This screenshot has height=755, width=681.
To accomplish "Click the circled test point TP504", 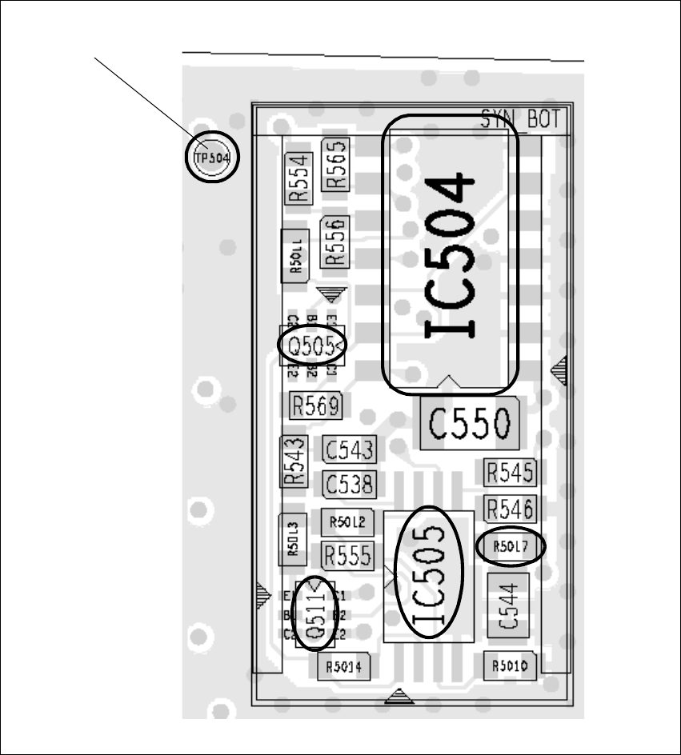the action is click(213, 158).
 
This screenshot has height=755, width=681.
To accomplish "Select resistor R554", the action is click(298, 178).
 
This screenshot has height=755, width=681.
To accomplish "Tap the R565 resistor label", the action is click(335, 165).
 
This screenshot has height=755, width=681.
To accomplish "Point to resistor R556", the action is click(335, 242).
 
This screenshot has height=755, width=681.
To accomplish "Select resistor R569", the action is click(316, 405).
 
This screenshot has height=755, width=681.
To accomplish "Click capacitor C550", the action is click(469, 424).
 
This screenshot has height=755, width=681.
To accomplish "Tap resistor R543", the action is click(294, 461).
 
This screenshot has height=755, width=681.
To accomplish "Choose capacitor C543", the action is click(349, 450).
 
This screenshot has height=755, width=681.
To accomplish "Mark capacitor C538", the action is click(349, 483).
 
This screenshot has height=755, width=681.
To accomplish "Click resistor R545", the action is click(510, 473).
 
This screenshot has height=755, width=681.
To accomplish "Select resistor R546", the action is click(510, 508).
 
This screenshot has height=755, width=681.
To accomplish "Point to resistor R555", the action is click(348, 553).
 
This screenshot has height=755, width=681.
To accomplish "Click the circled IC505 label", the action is click(430, 573).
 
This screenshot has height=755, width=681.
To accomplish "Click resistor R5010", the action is click(510, 665).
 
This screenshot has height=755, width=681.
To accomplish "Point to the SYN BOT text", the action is click(522, 120).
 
